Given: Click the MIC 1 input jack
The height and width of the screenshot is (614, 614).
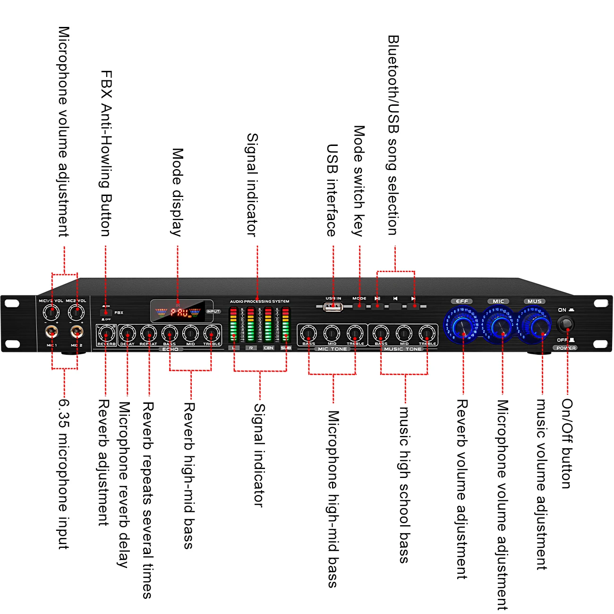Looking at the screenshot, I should click(x=51, y=332).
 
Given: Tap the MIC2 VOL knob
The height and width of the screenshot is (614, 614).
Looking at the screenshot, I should click(x=76, y=312).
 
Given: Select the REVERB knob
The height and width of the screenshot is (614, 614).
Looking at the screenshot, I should click(x=106, y=334).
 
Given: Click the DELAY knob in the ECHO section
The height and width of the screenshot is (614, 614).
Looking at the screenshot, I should click(x=127, y=334).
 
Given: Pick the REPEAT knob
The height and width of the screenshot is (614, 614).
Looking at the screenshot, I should click(x=148, y=334).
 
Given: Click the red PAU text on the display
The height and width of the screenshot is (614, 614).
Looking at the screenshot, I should click(x=179, y=313).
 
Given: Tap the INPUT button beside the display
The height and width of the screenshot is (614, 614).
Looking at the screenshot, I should click(x=213, y=312).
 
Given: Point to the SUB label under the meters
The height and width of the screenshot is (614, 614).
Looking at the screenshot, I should click(x=286, y=348).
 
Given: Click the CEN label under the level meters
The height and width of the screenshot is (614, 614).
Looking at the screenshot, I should click(x=268, y=348).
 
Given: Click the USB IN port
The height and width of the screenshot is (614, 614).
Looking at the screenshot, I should click(x=333, y=307).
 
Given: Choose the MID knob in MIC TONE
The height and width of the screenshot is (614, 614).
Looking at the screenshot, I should click(x=332, y=333).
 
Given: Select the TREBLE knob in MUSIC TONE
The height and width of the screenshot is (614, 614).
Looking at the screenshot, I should click(x=426, y=333).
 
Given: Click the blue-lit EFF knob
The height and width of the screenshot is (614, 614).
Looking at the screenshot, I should click(x=462, y=325).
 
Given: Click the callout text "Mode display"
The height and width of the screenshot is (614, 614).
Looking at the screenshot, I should click(x=177, y=192).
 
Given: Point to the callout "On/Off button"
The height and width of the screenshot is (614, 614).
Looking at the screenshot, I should click(x=567, y=443).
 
